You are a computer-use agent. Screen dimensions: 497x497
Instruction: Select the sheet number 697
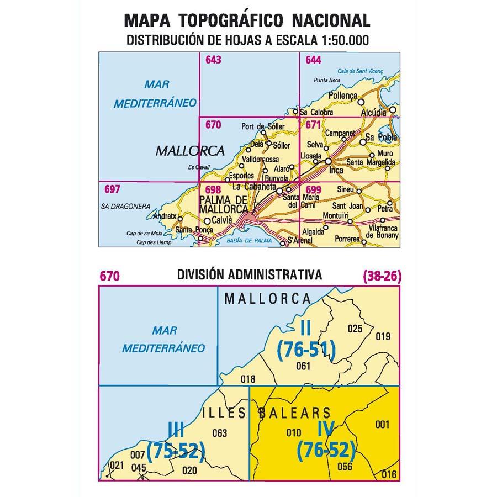point(112,189)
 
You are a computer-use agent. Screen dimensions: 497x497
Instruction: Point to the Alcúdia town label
point(373,112)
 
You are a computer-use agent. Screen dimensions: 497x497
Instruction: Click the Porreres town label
point(347,240)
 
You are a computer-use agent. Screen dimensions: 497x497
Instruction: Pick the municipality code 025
point(355,329)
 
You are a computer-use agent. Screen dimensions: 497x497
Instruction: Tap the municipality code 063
point(219,432)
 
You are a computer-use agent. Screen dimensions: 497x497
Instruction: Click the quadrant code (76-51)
point(306,350)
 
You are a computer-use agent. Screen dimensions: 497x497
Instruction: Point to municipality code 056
point(344,467)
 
